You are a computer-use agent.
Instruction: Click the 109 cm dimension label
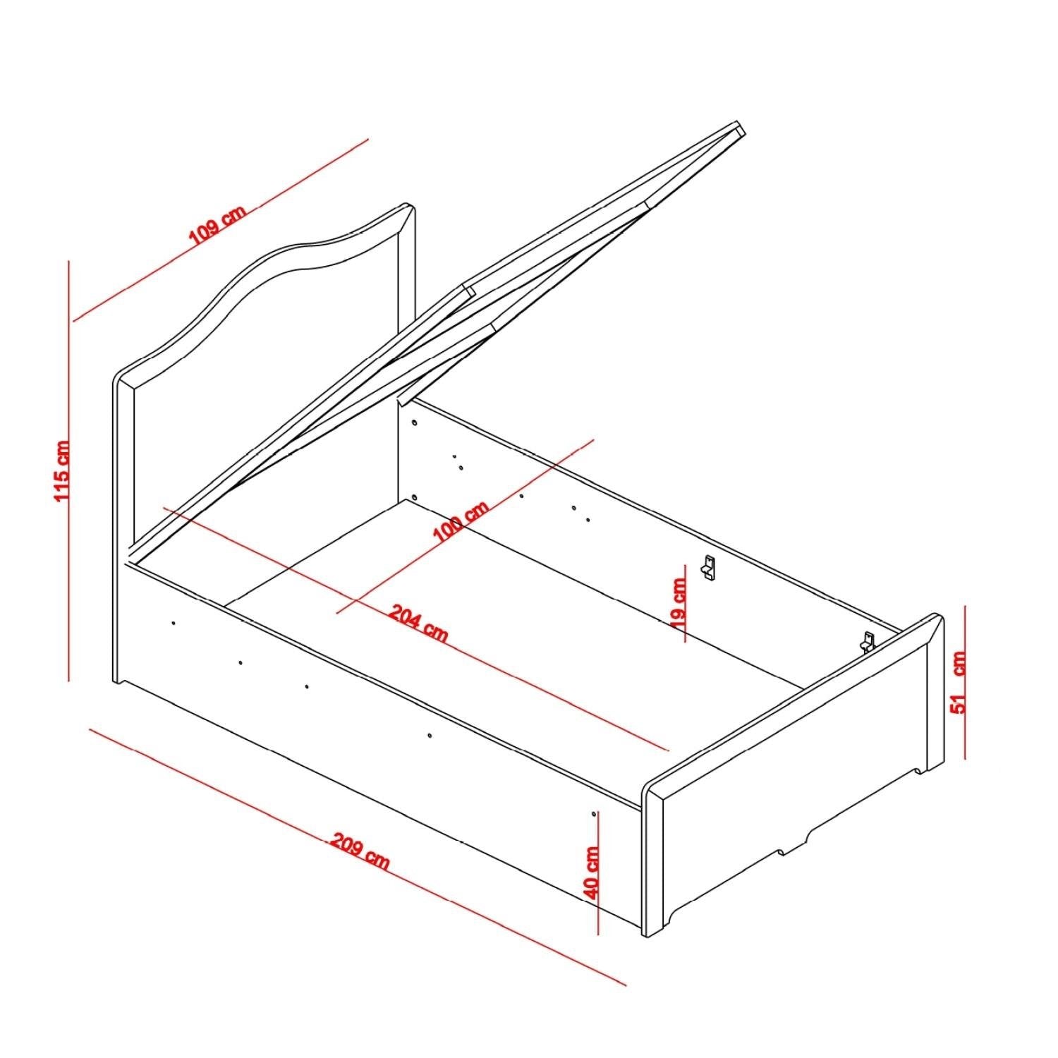click(217, 225)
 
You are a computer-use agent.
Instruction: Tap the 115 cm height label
click(63, 470)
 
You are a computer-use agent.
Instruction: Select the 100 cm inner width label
click(460, 522)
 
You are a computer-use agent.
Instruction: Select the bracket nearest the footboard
click(866, 641)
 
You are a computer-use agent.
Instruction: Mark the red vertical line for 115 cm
click(69, 470)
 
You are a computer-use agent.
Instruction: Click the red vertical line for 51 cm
click(965, 681)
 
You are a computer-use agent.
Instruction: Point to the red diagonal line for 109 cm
click(221, 230)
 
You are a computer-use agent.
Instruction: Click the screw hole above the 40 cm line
click(594, 813)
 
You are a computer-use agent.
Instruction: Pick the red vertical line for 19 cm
click(684, 604)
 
